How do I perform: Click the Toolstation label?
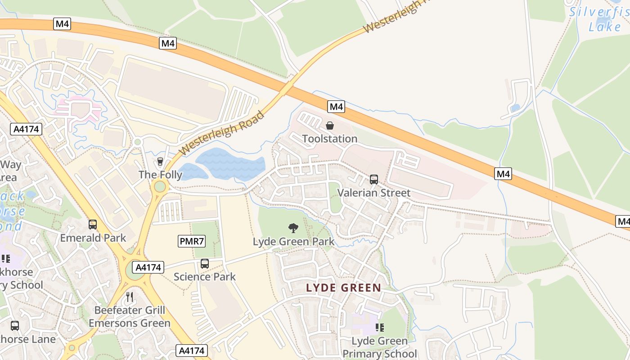point(329,139)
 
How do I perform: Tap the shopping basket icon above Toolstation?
point(330,126)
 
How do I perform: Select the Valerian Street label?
point(373,193)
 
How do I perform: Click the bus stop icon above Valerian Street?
point(373,180)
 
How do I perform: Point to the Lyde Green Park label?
point(293,242)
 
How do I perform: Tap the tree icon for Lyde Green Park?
point(293,228)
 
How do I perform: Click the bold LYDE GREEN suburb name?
point(344,288)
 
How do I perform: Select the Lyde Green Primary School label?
point(380,347)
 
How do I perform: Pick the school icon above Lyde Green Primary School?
point(380,328)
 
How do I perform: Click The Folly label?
point(160,175)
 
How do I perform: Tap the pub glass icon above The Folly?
point(160,162)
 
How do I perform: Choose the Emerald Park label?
point(93,238)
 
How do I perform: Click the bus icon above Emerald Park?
point(93,224)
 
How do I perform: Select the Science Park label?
point(205,277)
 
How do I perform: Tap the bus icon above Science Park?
point(205,264)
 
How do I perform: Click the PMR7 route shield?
point(192,242)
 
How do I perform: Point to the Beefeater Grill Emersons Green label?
point(130,317)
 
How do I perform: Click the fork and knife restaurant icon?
point(130,297)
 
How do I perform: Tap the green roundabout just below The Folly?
point(160,186)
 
